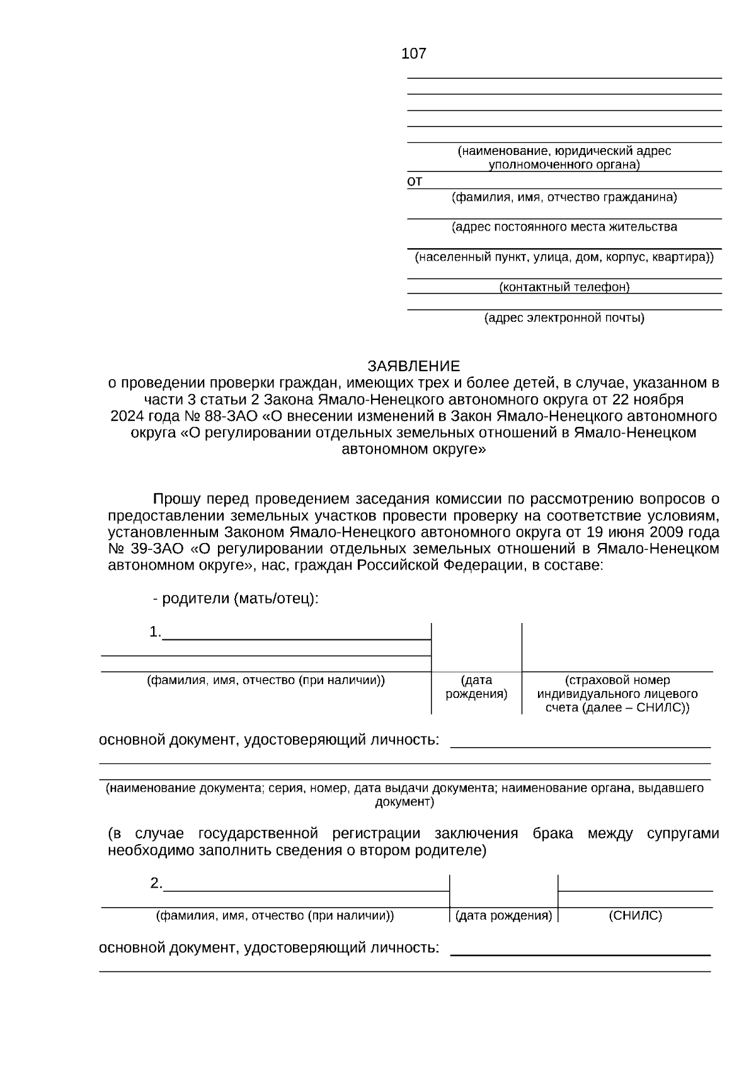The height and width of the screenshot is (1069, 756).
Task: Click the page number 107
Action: (413, 54)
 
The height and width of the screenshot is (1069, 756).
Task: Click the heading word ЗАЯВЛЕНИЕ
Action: (414, 366)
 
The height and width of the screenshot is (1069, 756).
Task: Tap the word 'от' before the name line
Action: (415, 181)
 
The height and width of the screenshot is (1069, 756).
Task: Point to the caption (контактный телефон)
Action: (564, 287)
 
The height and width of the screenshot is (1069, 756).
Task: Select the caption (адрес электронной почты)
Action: (564, 318)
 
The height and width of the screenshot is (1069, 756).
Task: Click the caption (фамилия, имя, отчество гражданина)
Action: (564, 197)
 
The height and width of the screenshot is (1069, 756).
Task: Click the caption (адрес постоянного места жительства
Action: (564, 227)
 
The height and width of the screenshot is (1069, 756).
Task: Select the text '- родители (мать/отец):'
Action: (236, 598)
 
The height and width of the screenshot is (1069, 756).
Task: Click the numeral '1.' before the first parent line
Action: (155, 632)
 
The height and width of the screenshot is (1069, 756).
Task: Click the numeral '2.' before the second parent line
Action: (156, 883)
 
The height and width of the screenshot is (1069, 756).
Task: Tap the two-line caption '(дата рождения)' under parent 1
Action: (476, 687)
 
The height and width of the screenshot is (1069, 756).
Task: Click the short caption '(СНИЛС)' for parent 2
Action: (635, 915)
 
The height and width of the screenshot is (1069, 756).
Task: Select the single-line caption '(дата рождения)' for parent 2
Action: (503, 915)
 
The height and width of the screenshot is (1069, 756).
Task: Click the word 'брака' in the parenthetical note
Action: (553, 834)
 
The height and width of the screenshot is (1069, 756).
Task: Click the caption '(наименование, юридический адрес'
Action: (564, 151)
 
